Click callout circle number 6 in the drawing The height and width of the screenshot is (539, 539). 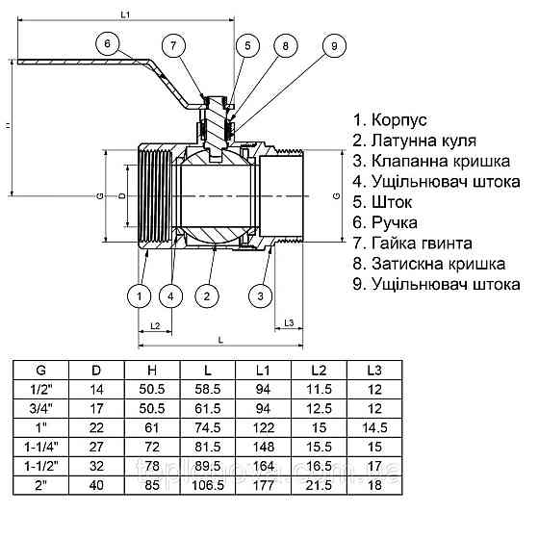tap(109, 43)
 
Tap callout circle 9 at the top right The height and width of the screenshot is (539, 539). tap(333, 46)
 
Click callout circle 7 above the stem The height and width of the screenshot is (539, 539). tap(173, 46)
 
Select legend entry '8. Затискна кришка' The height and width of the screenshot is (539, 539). tap(429, 263)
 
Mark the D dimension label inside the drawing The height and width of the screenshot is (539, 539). tap(121, 195)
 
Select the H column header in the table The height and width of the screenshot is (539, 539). tap(151, 370)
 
